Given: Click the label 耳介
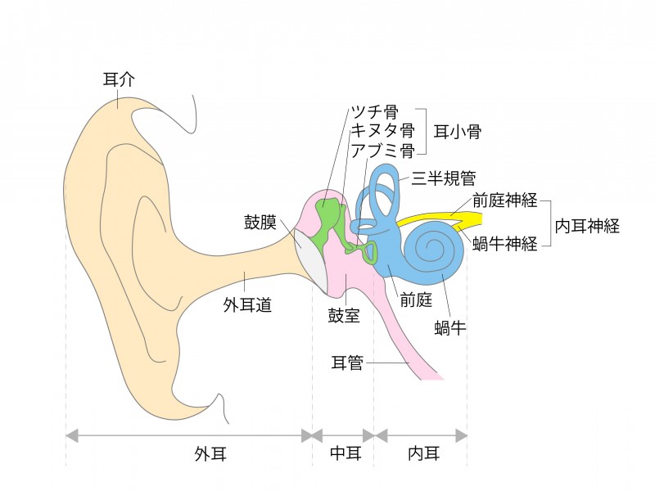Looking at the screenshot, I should [120, 79].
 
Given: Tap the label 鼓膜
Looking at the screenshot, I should [260, 222].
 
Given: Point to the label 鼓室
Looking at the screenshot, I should [344, 315].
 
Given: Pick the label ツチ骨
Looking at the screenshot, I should [374, 112].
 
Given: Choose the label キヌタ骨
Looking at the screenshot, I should [382, 130].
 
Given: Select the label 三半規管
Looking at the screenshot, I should [444, 178].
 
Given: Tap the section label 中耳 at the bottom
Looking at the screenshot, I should [344, 453].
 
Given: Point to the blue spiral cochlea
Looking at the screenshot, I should [433, 250].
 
